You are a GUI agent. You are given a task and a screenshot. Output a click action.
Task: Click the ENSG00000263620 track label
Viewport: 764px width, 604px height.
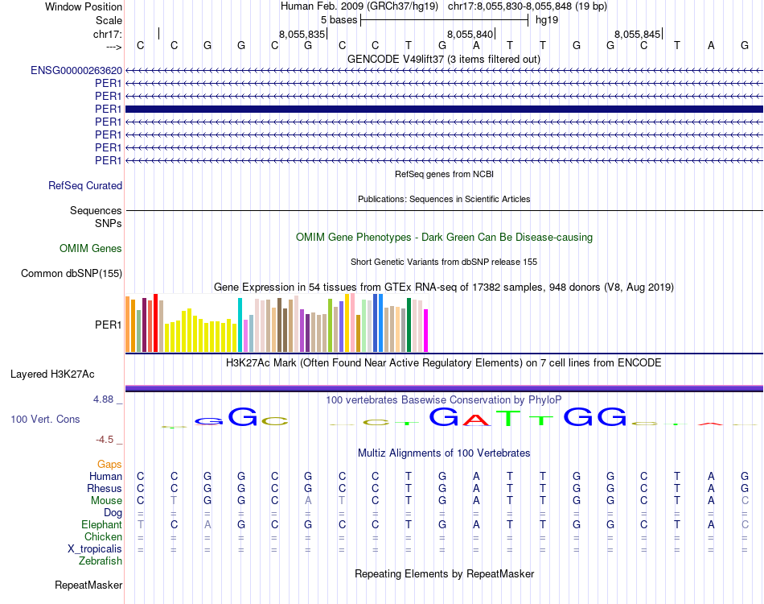click(76, 71)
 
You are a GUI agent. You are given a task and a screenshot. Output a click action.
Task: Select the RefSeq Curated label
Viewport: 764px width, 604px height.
click(85, 186)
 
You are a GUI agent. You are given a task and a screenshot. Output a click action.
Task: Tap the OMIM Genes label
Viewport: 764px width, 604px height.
click(91, 249)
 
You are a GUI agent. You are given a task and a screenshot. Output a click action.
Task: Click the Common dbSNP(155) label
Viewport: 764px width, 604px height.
click(72, 274)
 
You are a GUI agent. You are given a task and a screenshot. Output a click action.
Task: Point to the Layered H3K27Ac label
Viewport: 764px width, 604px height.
click(52, 374)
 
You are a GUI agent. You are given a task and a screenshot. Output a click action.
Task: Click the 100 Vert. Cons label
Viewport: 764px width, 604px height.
click(45, 420)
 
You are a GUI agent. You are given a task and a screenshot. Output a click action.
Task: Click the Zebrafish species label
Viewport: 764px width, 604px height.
click(101, 561)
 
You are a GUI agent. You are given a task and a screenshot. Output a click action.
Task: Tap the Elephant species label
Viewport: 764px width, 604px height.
click(101, 524)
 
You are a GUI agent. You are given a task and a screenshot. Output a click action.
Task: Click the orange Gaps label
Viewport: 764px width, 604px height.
click(109, 465)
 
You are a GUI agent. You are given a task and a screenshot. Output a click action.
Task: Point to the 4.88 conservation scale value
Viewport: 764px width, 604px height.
click(106, 399)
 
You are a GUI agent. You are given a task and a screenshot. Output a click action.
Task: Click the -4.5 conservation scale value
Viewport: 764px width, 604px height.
click(107, 441)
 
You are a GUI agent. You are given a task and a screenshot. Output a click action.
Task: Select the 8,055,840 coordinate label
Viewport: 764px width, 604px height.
click(469, 35)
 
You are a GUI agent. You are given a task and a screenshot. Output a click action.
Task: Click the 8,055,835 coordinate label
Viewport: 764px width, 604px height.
click(302, 35)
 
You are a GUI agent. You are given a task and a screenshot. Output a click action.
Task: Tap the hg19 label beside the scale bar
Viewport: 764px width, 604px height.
click(547, 19)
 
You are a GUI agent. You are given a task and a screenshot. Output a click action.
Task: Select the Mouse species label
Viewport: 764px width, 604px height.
click(106, 501)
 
